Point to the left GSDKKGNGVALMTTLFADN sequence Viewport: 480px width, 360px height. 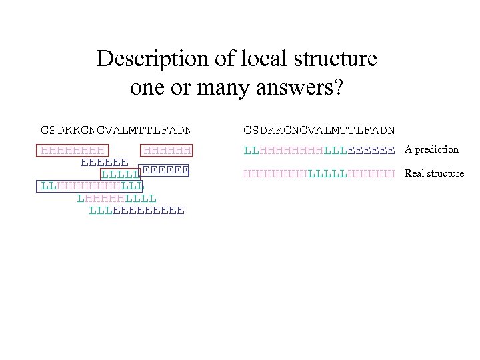(117, 129)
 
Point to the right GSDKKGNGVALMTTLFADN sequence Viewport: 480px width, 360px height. (319, 129)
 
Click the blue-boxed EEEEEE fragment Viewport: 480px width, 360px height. (165, 170)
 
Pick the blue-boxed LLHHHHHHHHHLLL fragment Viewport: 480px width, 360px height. (92, 186)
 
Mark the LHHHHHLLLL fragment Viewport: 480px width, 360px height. (117, 198)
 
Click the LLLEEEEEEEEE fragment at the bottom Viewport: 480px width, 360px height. (137, 211)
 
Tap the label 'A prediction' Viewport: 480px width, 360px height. (431, 150)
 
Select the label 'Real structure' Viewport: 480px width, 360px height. (434, 174)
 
